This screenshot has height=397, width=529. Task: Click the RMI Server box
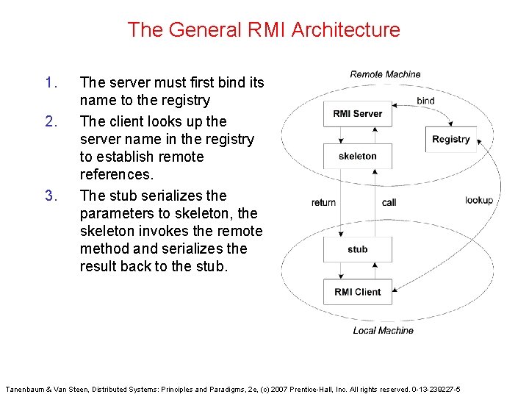pyautogui.click(x=357, y=114)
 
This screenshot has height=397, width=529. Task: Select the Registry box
pyautogui.click(x=450, y=139)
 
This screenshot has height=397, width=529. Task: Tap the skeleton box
pyautogui.click(x=357, y=156)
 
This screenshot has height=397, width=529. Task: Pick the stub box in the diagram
pyautogui.click(x=357, y=249)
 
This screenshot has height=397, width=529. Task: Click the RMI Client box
pyautogui.click(x=357, y=292)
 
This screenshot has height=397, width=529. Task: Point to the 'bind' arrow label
pyautogui.click(x=425, y=101)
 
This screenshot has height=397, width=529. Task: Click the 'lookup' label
pyautogui.click(x=479, y=200)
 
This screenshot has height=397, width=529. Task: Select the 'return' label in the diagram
pyautogui.click(x=323, y=202)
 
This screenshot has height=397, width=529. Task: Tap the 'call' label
pyautogui.click(x=389, y=202)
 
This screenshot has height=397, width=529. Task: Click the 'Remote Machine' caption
pyautogui.click(x=385, y=74)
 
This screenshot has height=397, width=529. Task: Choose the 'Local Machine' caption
pyautogui.click(x=383, y=331)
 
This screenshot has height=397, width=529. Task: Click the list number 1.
pyautogui.click(x=50, y=82)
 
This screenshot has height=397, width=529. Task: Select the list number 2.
pyautogui.click(x=50, y=121)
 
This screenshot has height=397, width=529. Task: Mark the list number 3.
pyautogui.click(x=50, y=196)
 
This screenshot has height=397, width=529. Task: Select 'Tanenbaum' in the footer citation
pyautogui.click(x=29, y=388)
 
